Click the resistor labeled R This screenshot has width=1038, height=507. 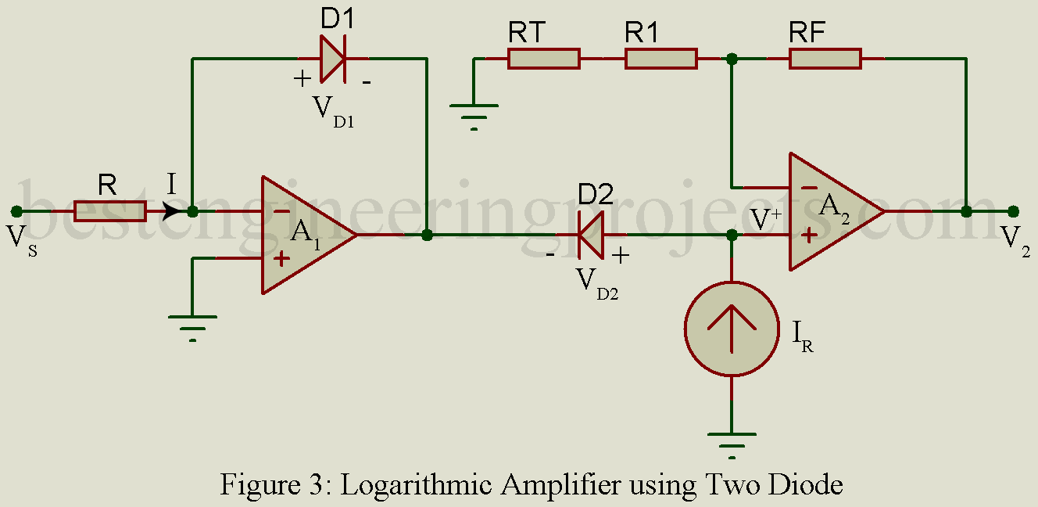109,211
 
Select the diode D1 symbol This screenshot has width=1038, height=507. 332,59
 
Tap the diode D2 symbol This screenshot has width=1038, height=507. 590,235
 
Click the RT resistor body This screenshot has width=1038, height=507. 543,59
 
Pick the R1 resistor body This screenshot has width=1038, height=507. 660,59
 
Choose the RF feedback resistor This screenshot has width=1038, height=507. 825,59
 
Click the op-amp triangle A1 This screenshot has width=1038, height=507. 305,235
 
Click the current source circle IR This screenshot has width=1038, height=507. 732,329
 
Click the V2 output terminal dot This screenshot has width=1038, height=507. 1014,211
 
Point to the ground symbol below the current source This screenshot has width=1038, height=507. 732,442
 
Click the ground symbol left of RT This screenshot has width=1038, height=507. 474,113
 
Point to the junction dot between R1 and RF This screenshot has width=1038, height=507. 732,59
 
